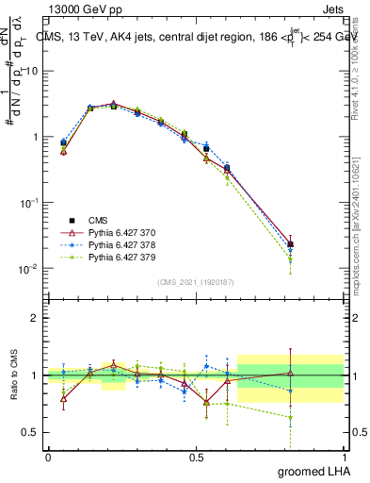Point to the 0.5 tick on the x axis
196,458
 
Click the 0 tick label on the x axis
48,458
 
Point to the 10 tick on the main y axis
31,72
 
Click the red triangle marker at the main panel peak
113,104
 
